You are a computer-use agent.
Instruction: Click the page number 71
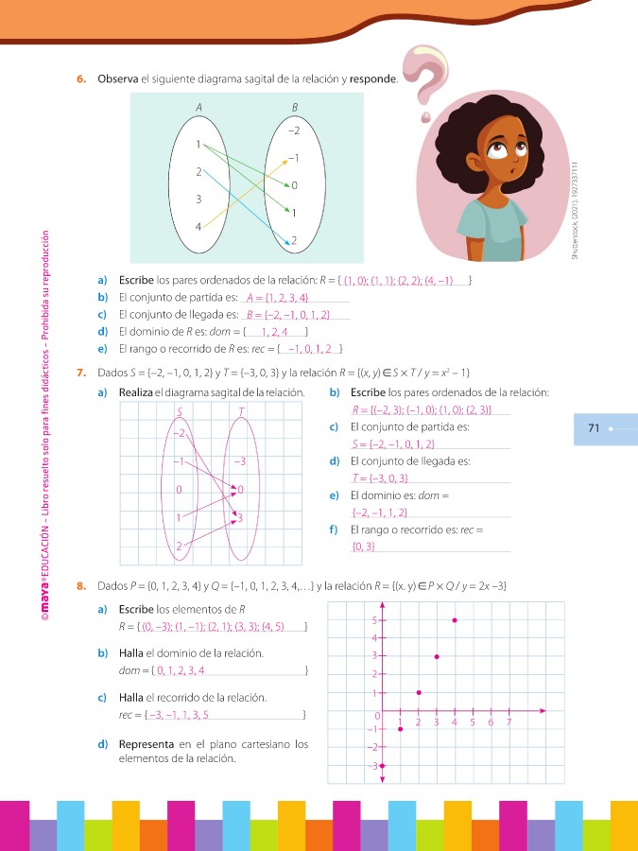595,428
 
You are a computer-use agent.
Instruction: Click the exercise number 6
81,79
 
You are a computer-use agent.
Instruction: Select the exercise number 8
81,586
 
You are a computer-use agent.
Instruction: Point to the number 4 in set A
198,227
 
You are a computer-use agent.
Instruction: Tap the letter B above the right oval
295,108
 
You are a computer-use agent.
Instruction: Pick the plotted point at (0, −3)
382,765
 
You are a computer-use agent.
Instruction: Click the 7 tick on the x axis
509,722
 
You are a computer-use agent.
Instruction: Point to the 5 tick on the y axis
375,620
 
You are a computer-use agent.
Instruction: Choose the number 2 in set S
179,547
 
